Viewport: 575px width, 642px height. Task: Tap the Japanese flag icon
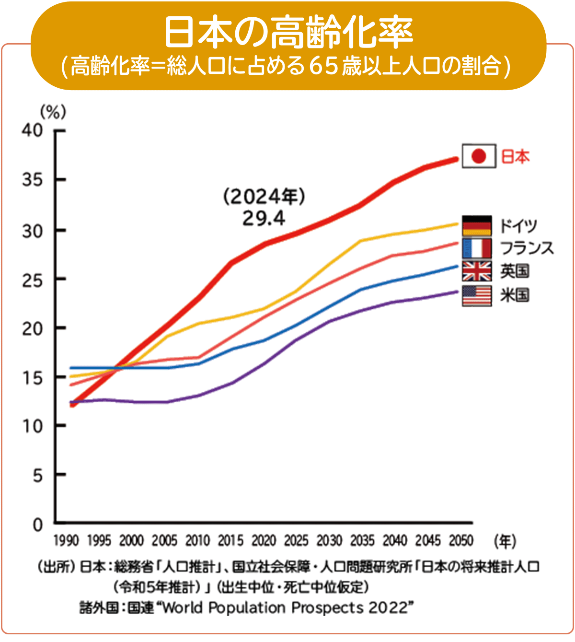pos(479,156)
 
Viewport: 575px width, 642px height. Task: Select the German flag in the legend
pos(477,225)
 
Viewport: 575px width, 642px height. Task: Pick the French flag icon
pos(477,248)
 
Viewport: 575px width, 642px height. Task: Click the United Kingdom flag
pos(477,271)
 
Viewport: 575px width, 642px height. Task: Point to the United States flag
pos(477,295)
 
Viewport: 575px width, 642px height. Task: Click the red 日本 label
pos(516,157)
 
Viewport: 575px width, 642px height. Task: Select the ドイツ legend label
pos(518,225)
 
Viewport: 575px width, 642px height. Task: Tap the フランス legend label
pos(527,248)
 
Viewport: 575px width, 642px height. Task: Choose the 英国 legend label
pos(515,271)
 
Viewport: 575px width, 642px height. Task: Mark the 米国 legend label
pos(515,295)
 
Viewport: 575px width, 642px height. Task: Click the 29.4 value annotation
pos(264,219)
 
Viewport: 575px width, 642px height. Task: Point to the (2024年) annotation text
pos(264,197)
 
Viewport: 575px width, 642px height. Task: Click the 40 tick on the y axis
pos(32,130)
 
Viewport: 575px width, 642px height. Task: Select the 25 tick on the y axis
pos(32,280)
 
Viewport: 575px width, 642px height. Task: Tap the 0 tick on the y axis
pos(38,525)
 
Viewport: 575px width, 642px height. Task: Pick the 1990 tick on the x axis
pos(66,541)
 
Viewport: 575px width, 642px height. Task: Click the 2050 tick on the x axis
pos(461,541)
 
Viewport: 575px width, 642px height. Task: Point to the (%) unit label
pos(53,112)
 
